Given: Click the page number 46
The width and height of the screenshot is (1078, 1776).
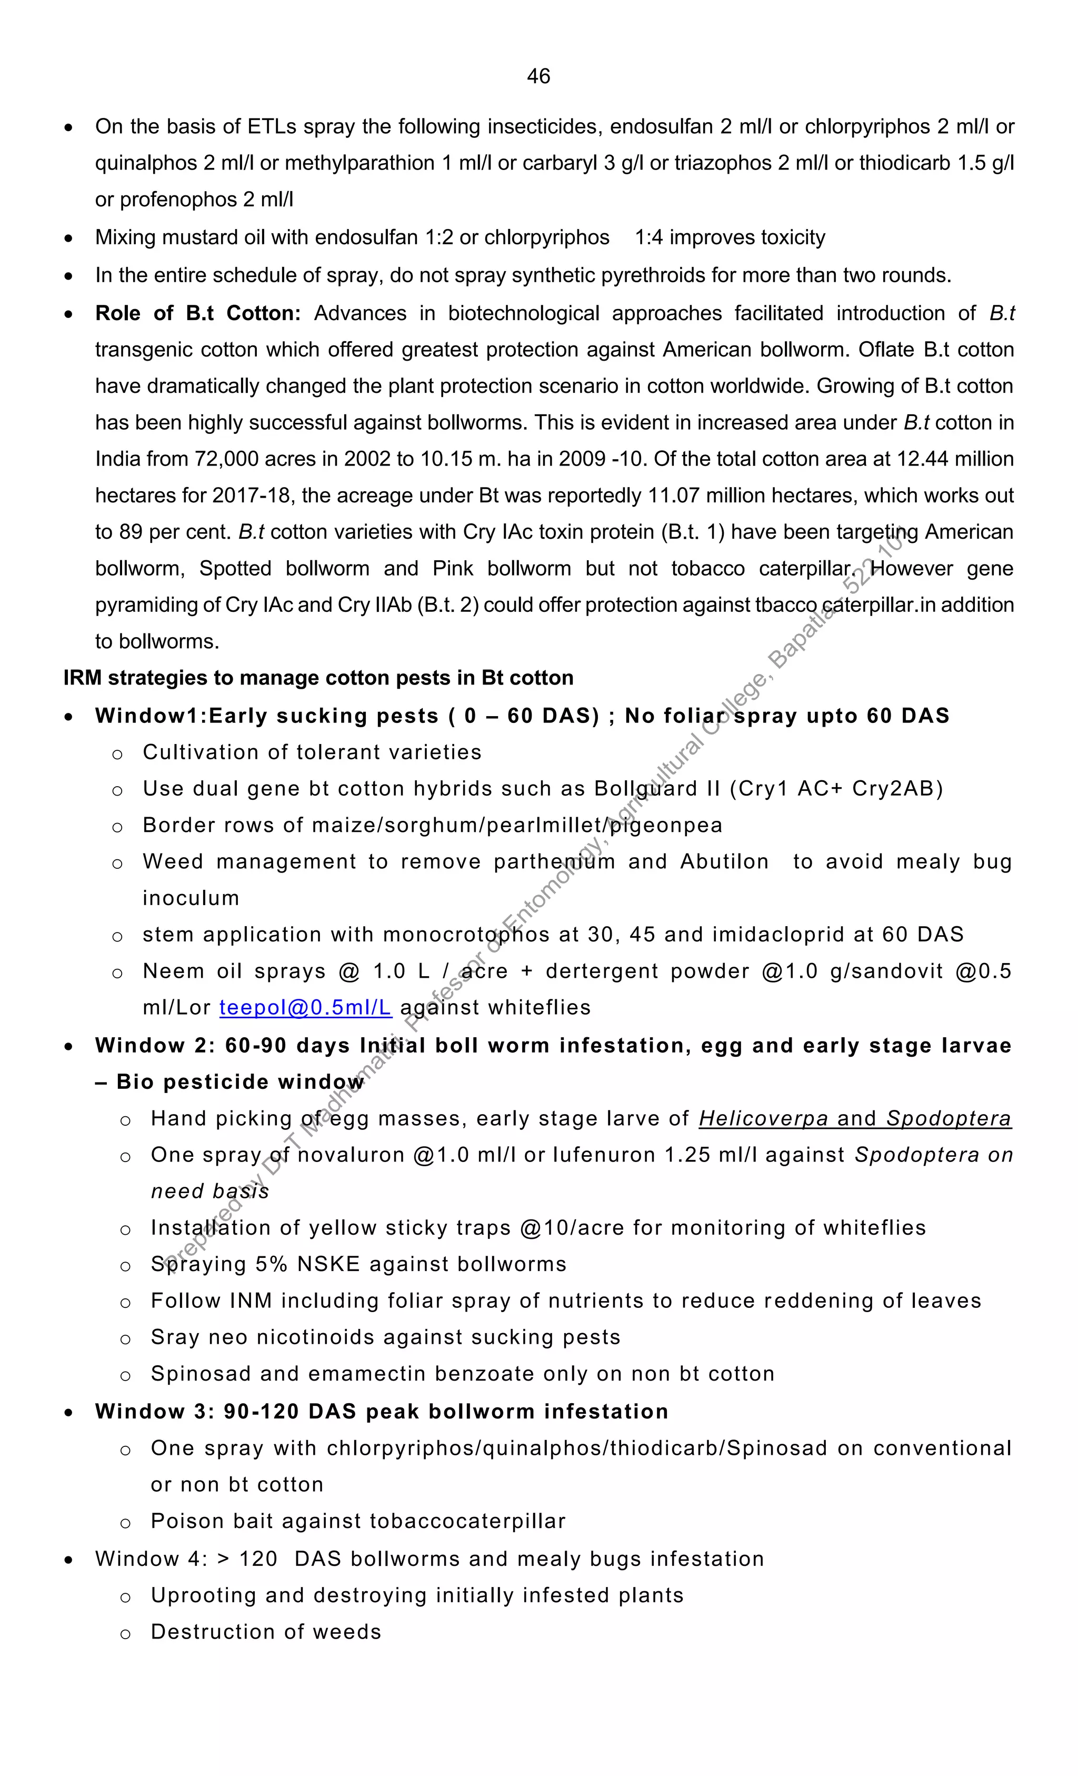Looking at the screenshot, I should point(538,76).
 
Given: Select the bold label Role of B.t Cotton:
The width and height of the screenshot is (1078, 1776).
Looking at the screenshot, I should point(197,313).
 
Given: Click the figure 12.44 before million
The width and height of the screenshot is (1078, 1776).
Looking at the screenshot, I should point(922,459).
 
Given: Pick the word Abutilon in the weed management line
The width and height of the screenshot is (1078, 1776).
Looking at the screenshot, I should point(724,861).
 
